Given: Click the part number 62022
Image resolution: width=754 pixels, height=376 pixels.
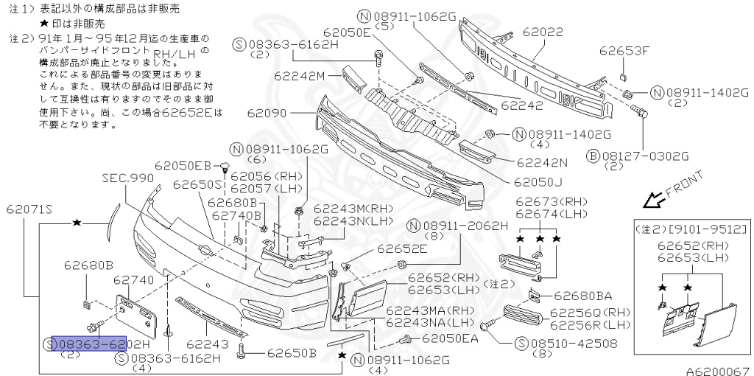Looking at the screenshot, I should tap(543, 33).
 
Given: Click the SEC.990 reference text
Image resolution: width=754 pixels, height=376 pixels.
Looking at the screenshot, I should tap(128, 178).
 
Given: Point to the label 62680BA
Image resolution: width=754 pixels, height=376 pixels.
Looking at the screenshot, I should tap(582, 296).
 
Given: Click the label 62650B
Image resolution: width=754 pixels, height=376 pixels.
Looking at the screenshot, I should tap(292, 352).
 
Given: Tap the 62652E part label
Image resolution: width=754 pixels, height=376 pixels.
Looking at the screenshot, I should tap(402, 249).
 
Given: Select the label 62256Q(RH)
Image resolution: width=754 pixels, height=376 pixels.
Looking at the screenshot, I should tap(589, 313).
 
